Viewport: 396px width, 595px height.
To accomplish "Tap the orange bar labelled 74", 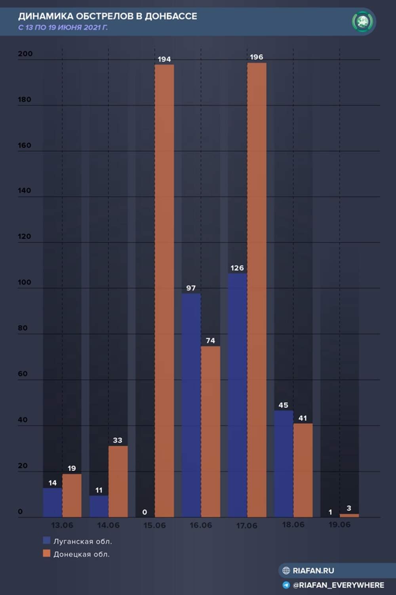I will pyautogui.click(x=210, y=432).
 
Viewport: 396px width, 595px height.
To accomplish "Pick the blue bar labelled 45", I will pyautogui.click(x=284, y=464).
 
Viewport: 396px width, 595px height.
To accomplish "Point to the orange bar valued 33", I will pyautogui.click(x=118, y=481).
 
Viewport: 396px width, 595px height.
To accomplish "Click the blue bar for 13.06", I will pyautogui.click(x=52, y=502).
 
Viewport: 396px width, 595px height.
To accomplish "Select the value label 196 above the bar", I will pyautogui.click(x=256, y=57).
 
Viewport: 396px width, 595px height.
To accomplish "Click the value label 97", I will pyautogui.click(x=191, y=288).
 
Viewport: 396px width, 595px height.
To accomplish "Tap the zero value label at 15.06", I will pyautogui.click(x=145, y=512).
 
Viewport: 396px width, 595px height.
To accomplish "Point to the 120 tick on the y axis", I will pyautogui.click(x=24, y=236).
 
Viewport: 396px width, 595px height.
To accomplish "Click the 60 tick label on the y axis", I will pyautogui.click(x=23, y=374).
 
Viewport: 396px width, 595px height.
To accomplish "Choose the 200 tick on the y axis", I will pyautogui.click(x=25, y=54).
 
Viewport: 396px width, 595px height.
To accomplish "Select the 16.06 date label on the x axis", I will pyautogui.click(x=201, y=525).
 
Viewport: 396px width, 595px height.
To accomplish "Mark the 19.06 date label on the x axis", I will pyautogui.click(x=339, y=525).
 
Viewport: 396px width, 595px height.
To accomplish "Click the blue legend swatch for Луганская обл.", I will pyautogui.click(x=47, y=540).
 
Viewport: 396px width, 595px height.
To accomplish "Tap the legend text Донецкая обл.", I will pyautogui.click(x=82, y=554).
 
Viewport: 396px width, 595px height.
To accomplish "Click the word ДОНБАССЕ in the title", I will pyautogui.click(x=171, y=16).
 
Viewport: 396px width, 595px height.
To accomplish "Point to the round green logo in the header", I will pyautogui.click(x=362, y=21).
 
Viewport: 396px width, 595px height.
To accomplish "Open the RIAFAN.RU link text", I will pyautogui.click(x=313, y=570).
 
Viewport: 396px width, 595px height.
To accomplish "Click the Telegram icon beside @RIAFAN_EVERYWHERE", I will pyautogui.click(x=286, y=585).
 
